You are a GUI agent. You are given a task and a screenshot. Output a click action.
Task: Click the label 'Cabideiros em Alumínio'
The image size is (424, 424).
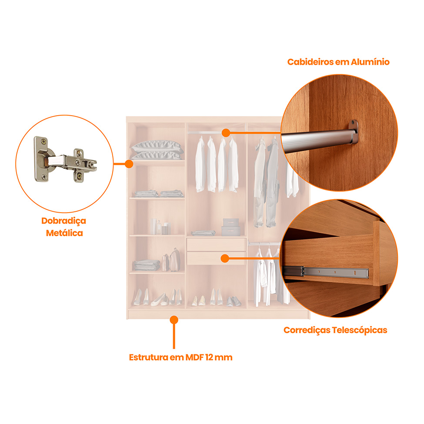click(338, 62)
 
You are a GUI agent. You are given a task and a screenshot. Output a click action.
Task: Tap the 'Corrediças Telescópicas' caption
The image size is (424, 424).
click(335, 330)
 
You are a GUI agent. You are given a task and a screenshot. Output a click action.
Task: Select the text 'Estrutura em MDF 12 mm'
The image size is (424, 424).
click(180, 357)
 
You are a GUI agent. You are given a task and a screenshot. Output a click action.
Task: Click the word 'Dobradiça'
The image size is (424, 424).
click(64, 221)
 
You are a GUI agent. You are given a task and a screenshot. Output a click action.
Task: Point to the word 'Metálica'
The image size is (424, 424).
click(64, 233)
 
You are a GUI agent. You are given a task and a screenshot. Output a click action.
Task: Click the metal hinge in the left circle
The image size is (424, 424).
click(65, 160)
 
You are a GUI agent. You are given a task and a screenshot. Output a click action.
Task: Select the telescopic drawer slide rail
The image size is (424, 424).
click(326, 271)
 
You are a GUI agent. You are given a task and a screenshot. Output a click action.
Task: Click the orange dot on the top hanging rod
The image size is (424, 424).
click(226, 133)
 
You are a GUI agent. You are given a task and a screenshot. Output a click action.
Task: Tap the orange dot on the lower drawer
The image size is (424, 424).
click(225, 258)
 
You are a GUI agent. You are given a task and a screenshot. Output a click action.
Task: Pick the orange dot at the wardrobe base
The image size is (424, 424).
click(174, 320)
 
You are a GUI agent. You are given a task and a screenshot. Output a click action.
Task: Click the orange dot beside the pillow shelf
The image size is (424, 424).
click(129, 164)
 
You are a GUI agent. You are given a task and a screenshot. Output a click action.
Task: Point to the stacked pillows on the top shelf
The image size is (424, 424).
click(157, 150)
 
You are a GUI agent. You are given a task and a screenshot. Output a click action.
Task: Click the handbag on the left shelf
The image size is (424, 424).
click(175, 260)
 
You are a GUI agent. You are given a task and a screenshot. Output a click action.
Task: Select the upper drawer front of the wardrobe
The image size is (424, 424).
click(216, 244)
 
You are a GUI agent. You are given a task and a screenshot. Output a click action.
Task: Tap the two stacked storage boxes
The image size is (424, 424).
click(230, 227)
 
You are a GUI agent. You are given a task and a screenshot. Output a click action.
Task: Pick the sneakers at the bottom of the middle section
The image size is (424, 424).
click(234, 301)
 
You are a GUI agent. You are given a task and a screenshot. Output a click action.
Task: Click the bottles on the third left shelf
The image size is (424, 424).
click(161, 227)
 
